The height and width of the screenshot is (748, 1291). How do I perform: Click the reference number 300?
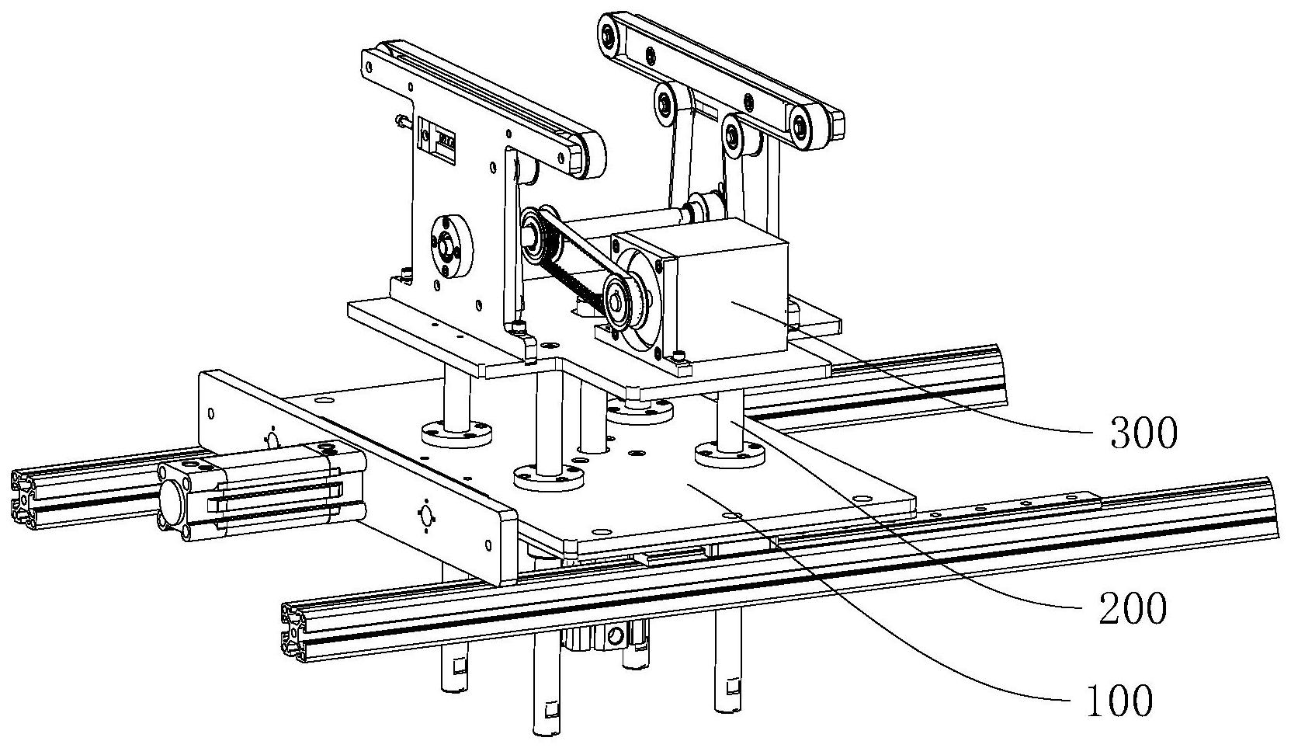(1144, 433)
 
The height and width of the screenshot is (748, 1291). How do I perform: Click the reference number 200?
(1133, 609)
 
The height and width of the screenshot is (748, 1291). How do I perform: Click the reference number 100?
(1120, 701)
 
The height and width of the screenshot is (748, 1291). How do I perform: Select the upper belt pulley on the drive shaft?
(536, 236)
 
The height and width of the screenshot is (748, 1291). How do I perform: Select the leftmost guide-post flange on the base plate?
(457, 433)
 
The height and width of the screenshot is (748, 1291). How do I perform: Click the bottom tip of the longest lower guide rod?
(547, 732)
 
